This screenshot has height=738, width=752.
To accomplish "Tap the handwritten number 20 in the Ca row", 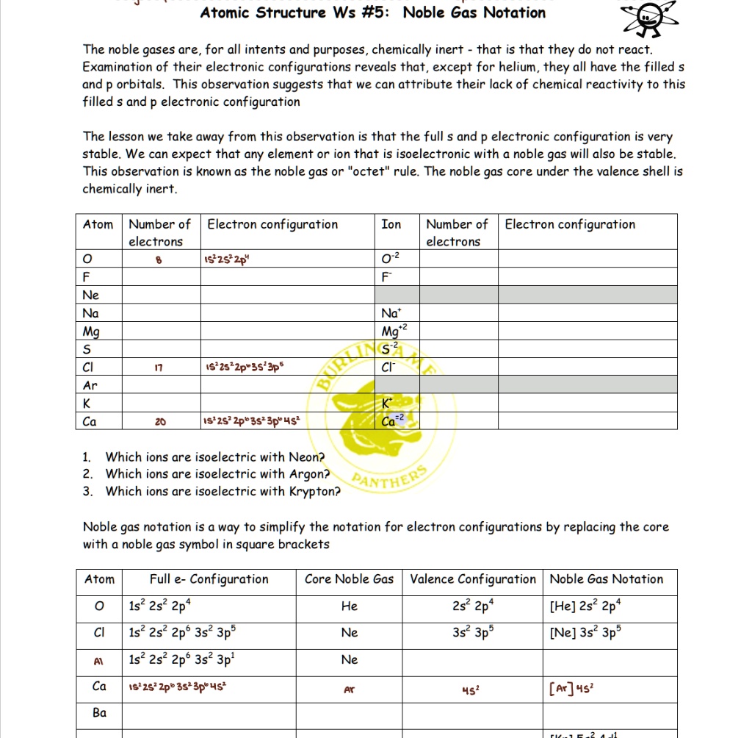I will click(159, 422).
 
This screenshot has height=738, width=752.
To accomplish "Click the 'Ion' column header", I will click(391, 225).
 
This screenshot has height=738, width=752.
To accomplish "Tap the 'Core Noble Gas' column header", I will click(349, 579).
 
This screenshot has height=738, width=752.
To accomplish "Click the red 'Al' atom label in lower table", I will click(98, 661).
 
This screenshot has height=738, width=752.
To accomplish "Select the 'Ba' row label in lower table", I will click(99, 713).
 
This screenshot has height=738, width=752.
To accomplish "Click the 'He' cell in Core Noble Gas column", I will click(349, 606).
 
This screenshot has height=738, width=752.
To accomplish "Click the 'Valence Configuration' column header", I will click(473, 579).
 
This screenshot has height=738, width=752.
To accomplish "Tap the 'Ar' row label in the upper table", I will click(90, 385).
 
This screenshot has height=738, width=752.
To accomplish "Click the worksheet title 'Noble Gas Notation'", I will click(474, 12).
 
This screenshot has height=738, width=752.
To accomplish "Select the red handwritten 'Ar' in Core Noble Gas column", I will click(350, 690).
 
